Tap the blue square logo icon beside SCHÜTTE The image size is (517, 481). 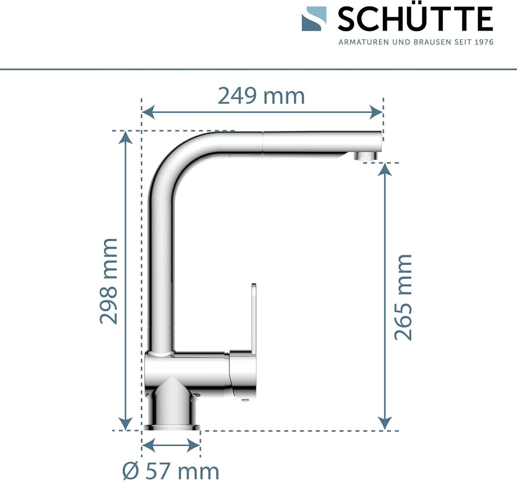click(x=314, y=19)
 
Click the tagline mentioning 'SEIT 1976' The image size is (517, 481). click(x=416, y=42)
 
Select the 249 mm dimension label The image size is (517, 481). click(x=261, y=96)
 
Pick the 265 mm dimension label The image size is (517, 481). click(x=403, y=297)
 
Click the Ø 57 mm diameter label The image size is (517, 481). click(x=170, y=471)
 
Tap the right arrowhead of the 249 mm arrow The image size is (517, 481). click(x=377, y=112)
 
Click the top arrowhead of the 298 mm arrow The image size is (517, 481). click(x=125, y=138)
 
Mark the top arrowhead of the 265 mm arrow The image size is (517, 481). click(x=385, y=170)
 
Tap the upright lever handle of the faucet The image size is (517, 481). click(x=251, y=316)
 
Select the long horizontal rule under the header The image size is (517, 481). click(x=258, y=69)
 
